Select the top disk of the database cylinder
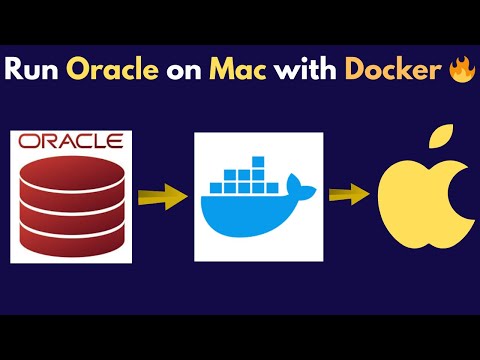(x=70, y=166)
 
